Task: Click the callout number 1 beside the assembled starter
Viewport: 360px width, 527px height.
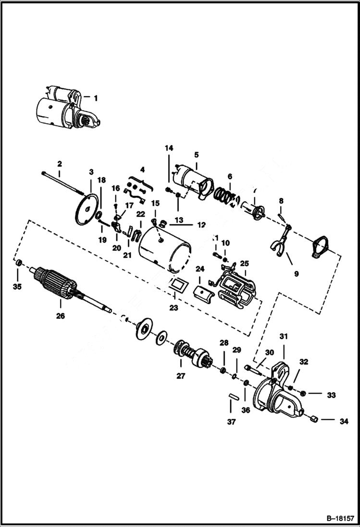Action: [x=95, y=98]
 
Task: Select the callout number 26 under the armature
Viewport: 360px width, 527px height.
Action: [x=61, y=316]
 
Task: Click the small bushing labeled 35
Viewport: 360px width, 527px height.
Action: [x=19, y=264]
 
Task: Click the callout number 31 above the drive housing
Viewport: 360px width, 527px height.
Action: [x=283, y=337]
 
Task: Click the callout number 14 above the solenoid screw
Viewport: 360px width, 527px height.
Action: [x=169, y=148]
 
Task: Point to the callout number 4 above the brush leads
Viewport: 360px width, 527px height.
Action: [x=142, y=169]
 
